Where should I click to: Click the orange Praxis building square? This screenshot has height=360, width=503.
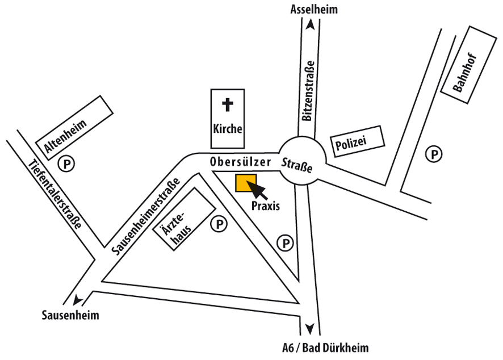[246, 183]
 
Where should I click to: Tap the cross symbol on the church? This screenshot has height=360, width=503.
[228, 104]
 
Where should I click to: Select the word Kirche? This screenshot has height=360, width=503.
[228, 129]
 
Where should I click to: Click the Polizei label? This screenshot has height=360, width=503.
[351, 143]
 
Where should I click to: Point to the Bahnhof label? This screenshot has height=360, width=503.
[465, 73]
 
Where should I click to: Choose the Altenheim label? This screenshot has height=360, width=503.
[65, 136]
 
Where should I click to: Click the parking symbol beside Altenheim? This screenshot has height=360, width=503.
[66, 164]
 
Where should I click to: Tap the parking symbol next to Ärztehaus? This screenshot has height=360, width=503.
[219, 224]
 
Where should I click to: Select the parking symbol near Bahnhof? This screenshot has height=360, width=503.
[434, 154]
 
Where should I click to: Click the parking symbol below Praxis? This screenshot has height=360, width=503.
[285, 243]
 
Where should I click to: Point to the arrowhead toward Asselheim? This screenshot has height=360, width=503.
[310, 24]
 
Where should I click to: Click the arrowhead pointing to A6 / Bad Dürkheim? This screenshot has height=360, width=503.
[309, 329]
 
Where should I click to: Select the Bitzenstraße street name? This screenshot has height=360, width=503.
[308, 91]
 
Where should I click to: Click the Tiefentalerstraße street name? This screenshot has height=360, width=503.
[55, 194]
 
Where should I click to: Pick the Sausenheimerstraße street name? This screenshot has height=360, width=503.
[146, 216]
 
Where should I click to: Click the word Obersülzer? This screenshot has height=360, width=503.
[240, 162]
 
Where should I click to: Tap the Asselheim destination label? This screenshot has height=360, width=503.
[314, 9]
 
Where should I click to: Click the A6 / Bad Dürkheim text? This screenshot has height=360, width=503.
[325, 348]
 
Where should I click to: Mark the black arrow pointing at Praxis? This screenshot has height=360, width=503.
[256, 189]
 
